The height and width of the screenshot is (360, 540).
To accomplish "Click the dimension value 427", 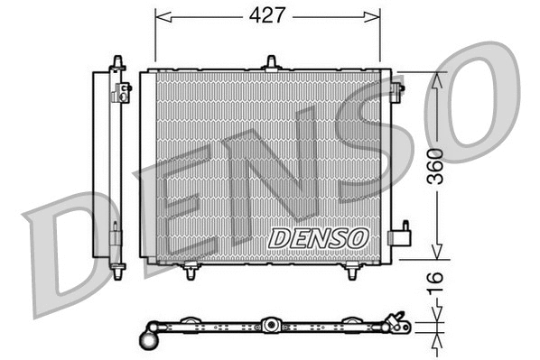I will point(268,15).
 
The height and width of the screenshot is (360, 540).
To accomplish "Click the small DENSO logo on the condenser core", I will point(319,237).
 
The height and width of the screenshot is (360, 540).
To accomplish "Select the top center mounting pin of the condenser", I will point(270,62).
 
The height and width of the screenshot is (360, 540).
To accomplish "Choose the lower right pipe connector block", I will point(398,237).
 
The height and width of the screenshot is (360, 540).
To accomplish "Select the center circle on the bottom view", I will point(269,325).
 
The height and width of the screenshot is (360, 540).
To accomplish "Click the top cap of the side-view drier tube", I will point(116,61).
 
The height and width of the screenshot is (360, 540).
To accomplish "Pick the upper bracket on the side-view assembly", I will point(123,90).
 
